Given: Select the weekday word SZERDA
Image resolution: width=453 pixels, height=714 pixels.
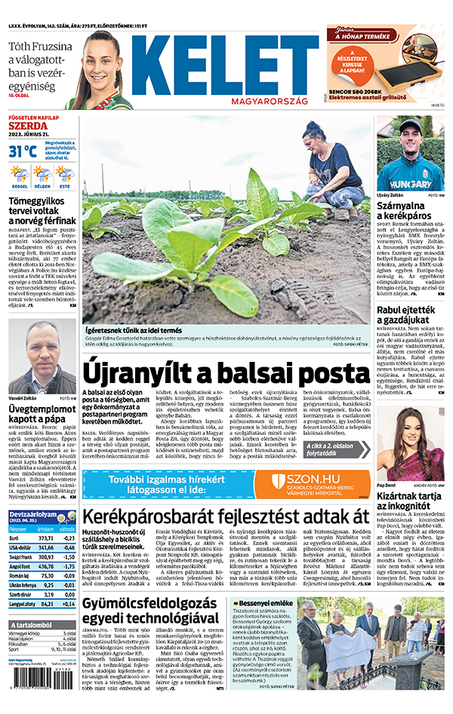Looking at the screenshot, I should (23, 127).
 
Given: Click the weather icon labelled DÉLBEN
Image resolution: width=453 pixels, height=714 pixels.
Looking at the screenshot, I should (42, 176).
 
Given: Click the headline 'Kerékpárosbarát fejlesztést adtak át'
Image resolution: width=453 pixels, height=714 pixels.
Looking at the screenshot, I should (226, 516).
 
